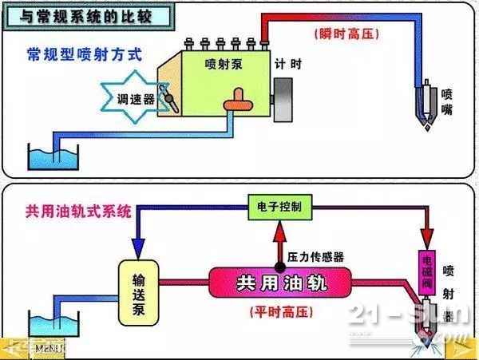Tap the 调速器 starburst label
130,99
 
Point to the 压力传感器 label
316,257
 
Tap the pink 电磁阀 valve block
427,272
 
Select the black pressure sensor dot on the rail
279,264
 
